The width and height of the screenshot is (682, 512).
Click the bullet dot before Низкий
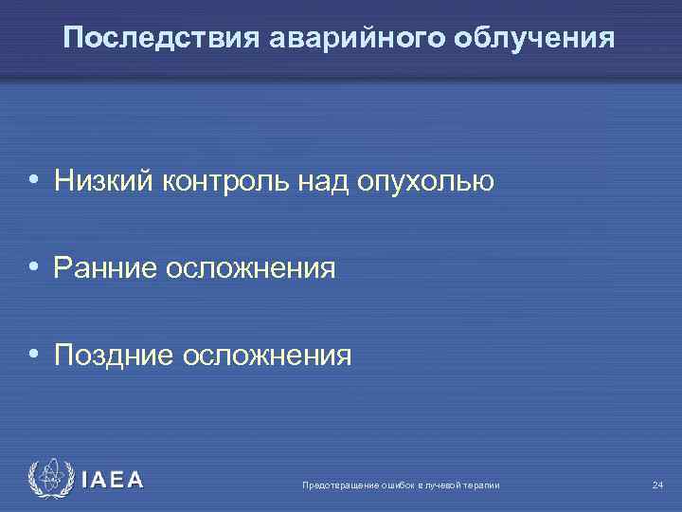(33, 179)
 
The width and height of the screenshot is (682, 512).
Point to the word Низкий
(102, 179)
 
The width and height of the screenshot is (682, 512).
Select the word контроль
(218, 179)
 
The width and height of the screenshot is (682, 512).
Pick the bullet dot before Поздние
(33, 355)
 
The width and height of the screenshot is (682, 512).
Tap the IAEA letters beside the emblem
(113, 480)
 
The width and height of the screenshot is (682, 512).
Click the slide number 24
(657, 485)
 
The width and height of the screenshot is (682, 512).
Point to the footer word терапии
(481, 485)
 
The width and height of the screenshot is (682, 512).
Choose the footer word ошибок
(393, 485)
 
